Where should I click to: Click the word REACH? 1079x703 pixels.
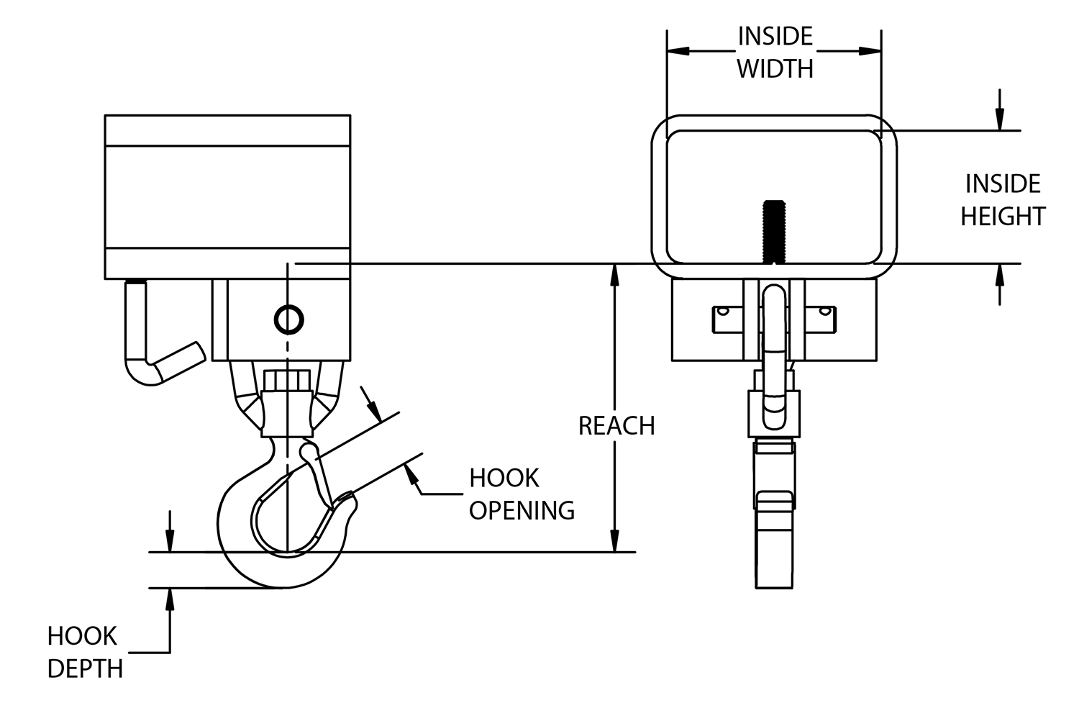616,426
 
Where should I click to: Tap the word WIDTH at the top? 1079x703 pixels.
775,69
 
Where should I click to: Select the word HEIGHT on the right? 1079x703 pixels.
1002,216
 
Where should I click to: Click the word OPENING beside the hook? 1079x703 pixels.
522,510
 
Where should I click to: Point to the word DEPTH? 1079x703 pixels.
85,668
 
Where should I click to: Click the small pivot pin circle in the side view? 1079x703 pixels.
288,319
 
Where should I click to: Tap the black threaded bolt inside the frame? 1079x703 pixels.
774,231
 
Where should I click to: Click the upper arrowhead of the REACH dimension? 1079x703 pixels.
614,273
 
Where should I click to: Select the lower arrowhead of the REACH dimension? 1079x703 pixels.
614,543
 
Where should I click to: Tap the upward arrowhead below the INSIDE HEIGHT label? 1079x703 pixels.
999,274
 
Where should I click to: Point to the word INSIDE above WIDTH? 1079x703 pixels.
775,36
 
